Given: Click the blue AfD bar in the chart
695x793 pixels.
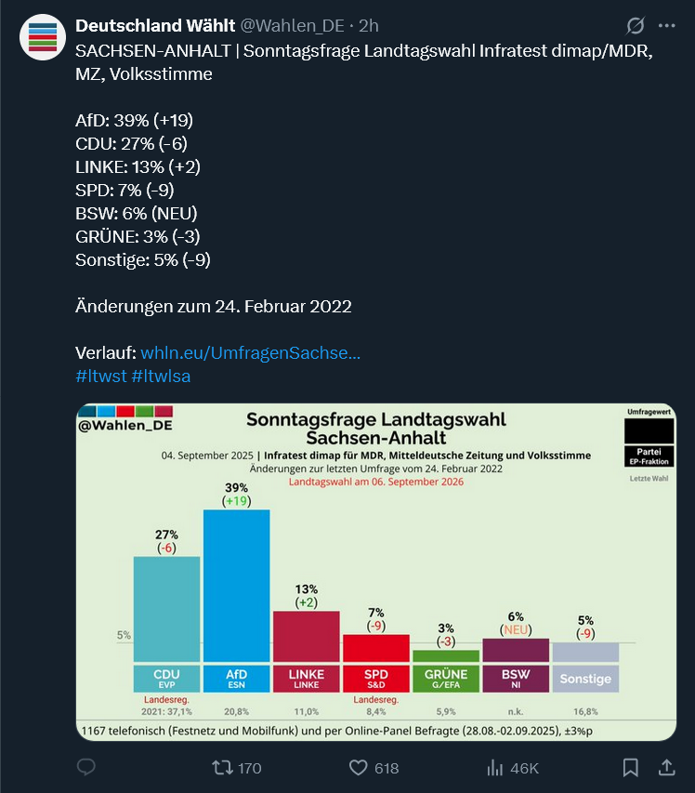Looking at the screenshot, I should pyautogui.click(x=236, y=586).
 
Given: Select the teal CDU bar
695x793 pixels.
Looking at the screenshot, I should pyautogui.click(x=166, y=609).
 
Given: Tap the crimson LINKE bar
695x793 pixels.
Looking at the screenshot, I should pyautogui.click(x=306, y=636).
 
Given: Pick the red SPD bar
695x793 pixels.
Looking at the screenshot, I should pyautogui.click(x=376, y=648).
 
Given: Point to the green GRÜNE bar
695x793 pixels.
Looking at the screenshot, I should pyautogui.click(x=445, y=655).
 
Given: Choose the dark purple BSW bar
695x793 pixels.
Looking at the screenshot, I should pyautogui.click(x=516, y=650).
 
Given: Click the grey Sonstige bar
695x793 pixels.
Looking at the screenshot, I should pyautogui.click(x=585, y=652).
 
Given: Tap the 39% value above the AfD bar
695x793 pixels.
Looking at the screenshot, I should pyautogui.click(x=237, y=487).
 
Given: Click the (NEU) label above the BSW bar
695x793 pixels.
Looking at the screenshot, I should pyautogui.click(x=516, y=629).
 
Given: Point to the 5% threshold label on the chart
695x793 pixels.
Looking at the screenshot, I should pyautogui.click(x=124, y=636).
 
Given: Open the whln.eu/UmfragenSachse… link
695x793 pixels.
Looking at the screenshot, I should pyautogui.click(x=250, y=353).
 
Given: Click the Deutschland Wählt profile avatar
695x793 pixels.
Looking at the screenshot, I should pyautogui.click(x=42, y=37).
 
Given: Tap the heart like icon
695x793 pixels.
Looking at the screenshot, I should pyautogui.click(x=359, y=768).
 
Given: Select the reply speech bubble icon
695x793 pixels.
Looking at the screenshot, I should pyautogui.click(x=86, y=768).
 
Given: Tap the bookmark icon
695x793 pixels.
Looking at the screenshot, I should pyautogui.click(x=630, y=768).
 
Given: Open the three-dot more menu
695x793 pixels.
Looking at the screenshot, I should pyautogui.click(x=666, y=25).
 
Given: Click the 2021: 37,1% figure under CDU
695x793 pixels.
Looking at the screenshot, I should pyautogui.click(x=166, y=711).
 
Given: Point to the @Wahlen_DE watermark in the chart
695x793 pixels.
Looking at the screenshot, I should pyautogui.click(x=125, y=426).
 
